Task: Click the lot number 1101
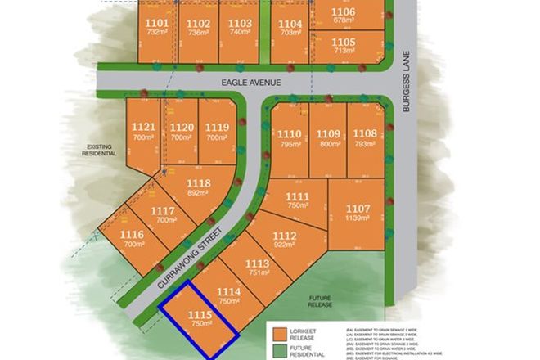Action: (x=158, y=23)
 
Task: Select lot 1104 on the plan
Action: (x=290, y=24)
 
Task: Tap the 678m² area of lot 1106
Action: (x=344, y=20)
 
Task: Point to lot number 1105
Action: (x=344, y=42)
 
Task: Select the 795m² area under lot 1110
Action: (x=290, y=144)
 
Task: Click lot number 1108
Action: (x=365, y=134)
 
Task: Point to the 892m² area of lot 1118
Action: (x=199, y=194)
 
